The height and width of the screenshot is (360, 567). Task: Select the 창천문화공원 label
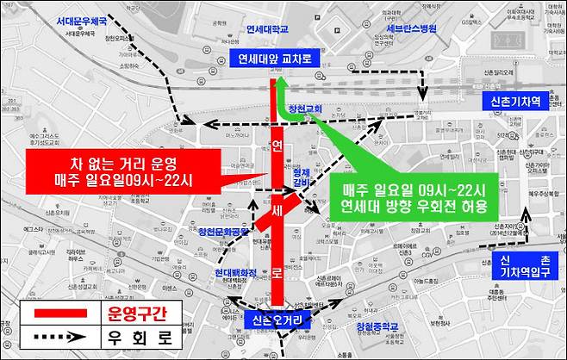[222, 231]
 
